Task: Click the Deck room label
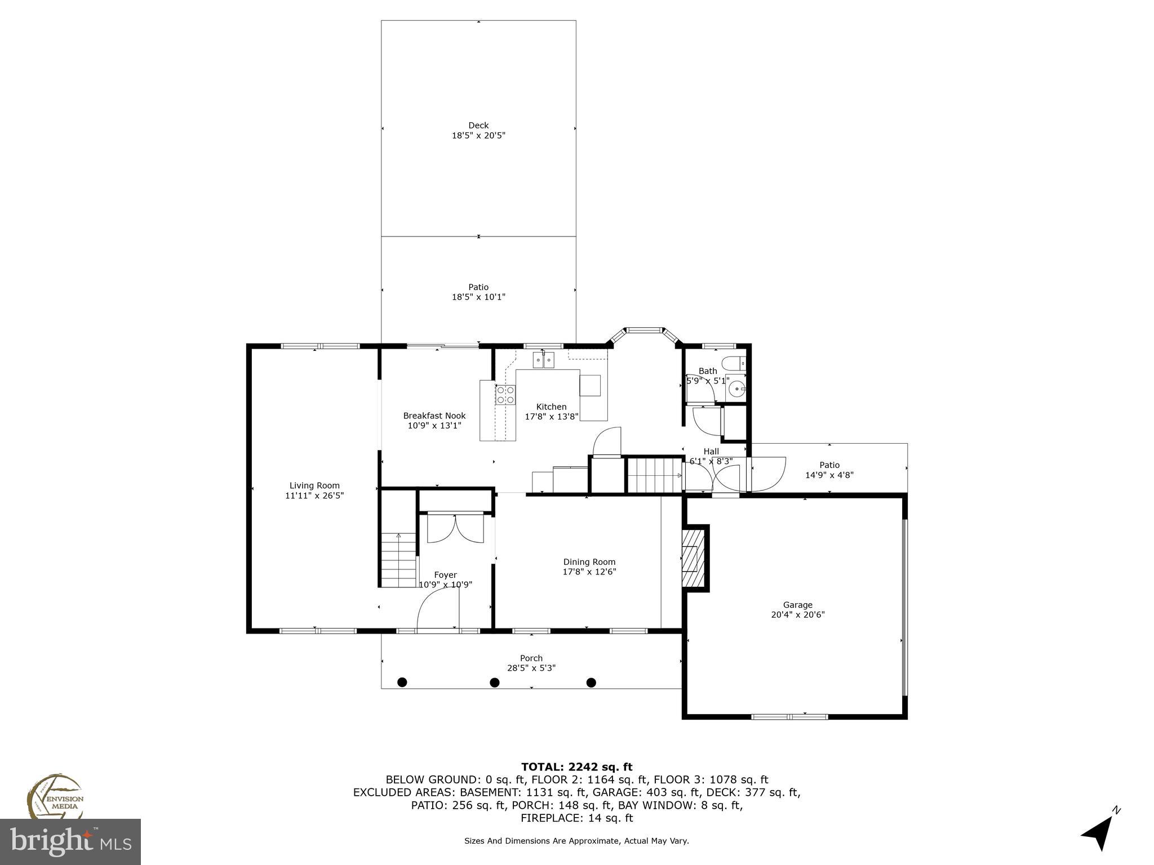tap(478, 126)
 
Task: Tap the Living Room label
tap(314, 485)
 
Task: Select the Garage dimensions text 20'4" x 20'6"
tap(798, 615)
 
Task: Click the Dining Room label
tap(589, 561)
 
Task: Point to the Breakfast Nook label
tap(434, 416)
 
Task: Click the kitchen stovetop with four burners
tap(505, 395)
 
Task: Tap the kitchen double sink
tap(544, 359)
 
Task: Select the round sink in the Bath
tap(736, 389)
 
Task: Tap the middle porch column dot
tap(494, 683)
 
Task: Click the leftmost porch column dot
tap(402, 683)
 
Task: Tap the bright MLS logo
tap(70, 841)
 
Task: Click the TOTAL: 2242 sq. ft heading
tap(576, 766)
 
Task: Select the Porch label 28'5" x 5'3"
tap(531, 663)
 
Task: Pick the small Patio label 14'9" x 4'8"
tap(829, 470)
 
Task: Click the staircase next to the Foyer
tap(398, 560)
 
